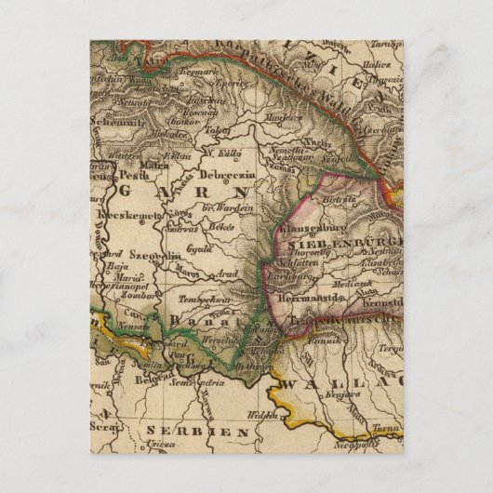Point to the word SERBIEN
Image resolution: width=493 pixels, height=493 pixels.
(196, 433)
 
